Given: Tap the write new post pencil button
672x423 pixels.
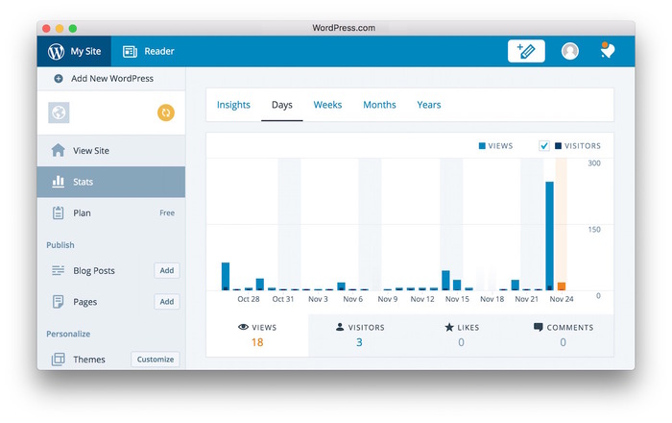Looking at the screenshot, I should [526, 51].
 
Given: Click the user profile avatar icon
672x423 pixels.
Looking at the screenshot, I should [570, 51].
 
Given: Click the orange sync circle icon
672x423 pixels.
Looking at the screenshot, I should [166, 113].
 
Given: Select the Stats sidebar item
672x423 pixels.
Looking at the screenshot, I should [84, 182].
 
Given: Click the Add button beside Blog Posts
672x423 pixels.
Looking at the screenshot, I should [167, 271].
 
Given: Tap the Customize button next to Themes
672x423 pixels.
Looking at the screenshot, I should [156, 360].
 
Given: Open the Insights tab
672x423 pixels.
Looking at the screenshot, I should [233, 105].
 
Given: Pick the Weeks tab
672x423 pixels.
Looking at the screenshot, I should [327, 105].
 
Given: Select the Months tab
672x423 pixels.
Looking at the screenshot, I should [379, 105].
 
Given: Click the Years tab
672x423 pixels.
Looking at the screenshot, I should [429, 105].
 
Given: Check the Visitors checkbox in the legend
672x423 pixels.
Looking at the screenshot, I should [544, 146].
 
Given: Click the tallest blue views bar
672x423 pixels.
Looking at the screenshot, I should [550, 236].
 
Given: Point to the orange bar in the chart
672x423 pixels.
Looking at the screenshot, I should [562, 286].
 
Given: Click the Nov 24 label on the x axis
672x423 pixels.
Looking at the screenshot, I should [562, 299].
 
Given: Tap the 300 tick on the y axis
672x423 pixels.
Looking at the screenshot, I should [594, 163].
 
